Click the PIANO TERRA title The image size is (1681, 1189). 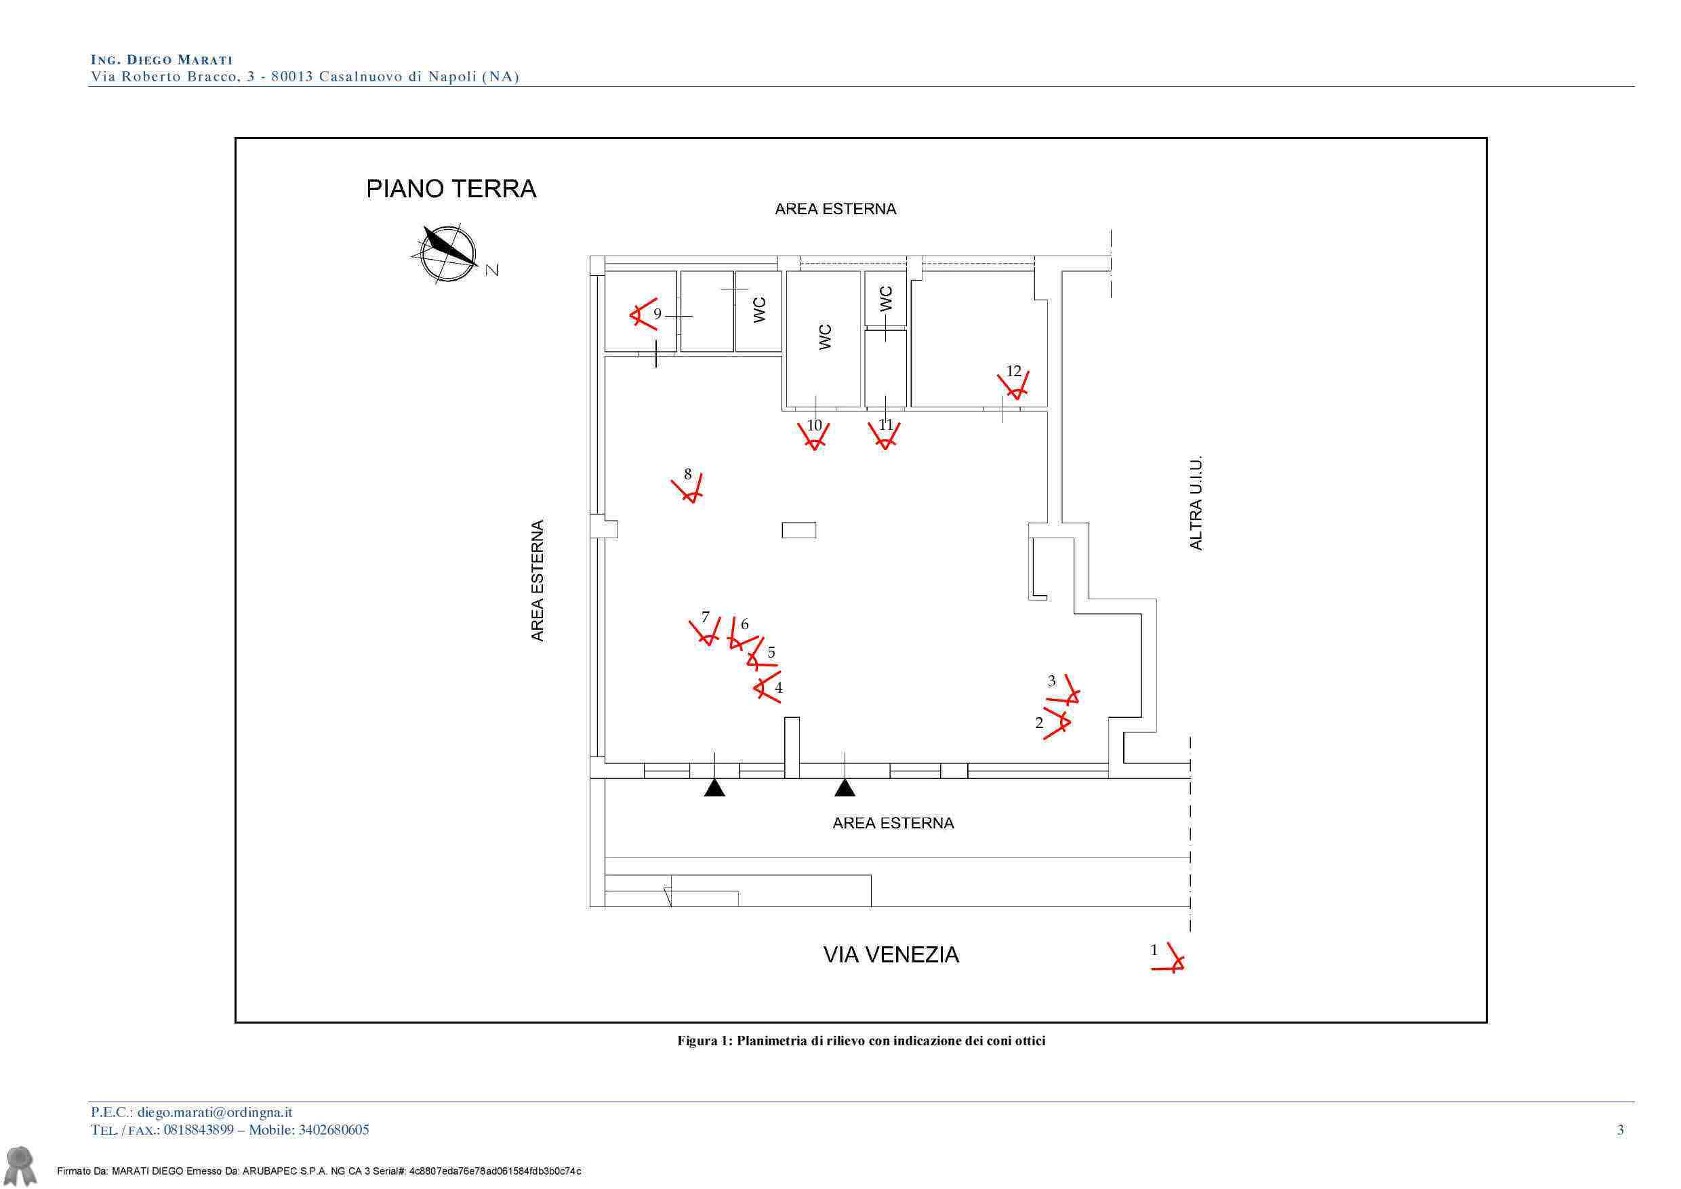click(x=451, y=189)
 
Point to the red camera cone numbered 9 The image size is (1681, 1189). click(x=643, y=314)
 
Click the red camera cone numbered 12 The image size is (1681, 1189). click(x=1013, y=385)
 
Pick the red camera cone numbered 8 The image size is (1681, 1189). click(x=687, y=488)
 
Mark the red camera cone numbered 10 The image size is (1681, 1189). click(x=813, y=437)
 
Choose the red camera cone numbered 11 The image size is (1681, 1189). click(x=885, y=436)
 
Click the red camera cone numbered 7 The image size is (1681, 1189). click(x=705, y=631)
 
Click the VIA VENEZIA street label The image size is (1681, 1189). click(x=891, y=954)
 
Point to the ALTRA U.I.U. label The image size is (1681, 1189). click(x=1196, y=504)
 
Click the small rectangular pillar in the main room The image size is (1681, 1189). click(x=798, y=530)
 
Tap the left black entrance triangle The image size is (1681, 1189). click(x=714, y=788)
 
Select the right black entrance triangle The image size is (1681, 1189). click(x=845, y=788)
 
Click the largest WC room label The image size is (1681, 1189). click(x=825, y=337)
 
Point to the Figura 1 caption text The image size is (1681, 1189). click(x=861, y=1041)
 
